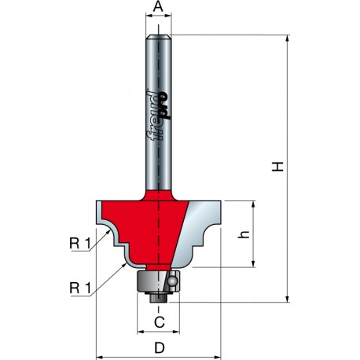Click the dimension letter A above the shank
tap(158, 7)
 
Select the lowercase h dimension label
tap(243, 234)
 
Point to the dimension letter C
tap(160, 322)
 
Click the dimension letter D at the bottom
tap(160, 348)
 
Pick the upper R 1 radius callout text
tap(80, 244)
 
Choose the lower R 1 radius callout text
tap(80, 288)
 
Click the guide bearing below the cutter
tap(158, 281)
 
